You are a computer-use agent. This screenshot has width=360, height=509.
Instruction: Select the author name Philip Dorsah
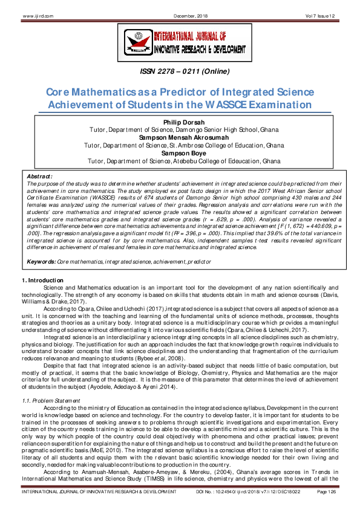(x=180, y=123)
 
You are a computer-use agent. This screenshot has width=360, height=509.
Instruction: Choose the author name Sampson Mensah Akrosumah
(x=180, y=138)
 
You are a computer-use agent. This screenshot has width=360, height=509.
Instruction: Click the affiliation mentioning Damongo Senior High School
(x=180, y=131)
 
